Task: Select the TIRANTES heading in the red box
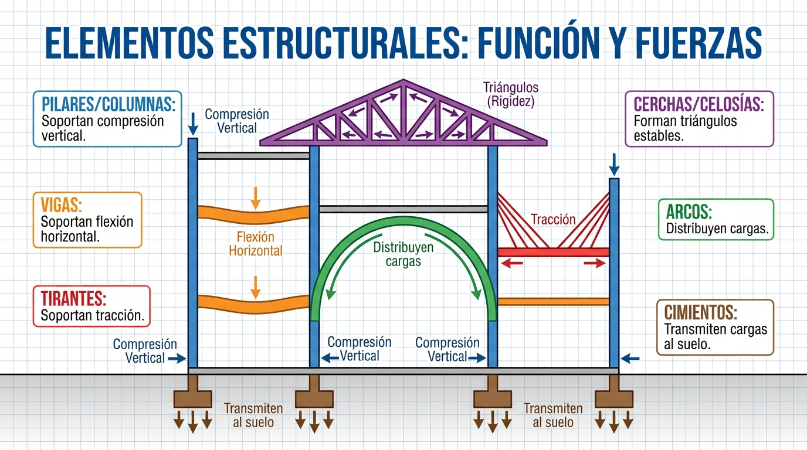click(73, 298)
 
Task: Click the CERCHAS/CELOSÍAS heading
click(699, 105)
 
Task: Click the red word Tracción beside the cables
click(553, 220)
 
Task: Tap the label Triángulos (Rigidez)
click(510, 94)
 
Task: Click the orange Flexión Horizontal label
click(255, 244)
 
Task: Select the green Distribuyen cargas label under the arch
click(403, 254)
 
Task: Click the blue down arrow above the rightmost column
click(614, 165)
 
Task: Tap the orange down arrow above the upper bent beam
click(255, 197)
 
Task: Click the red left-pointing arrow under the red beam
click(513, 264)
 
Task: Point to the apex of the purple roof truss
click(403, 83)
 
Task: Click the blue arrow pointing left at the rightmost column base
click(630, 358)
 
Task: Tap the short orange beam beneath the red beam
click(553, 302)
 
